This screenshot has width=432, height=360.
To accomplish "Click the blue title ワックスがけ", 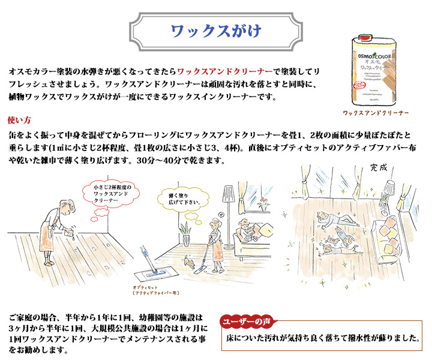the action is pos(216,31).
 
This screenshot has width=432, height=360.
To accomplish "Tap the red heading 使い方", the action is pos(19,120).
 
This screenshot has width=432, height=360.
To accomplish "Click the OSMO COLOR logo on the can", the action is pos(374,56).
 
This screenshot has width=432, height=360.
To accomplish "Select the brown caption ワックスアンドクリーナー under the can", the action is pos(376,113).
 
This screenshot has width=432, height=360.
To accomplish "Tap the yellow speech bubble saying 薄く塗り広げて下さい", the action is pos(183,199).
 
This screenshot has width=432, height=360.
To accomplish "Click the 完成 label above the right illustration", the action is pos(379,168).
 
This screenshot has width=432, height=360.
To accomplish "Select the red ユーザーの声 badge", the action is pos(247,322).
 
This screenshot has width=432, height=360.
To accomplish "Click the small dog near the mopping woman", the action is pos(189,262).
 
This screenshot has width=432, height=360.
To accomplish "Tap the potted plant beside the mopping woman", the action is pos(185,233).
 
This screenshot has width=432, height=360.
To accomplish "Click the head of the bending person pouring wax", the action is pos(67,206).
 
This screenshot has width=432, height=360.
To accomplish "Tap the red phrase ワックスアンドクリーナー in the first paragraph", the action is pos(224,72).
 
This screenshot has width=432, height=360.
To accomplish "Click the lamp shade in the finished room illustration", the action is pos(389,187).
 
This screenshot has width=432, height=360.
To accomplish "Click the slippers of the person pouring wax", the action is pos(49,263).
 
